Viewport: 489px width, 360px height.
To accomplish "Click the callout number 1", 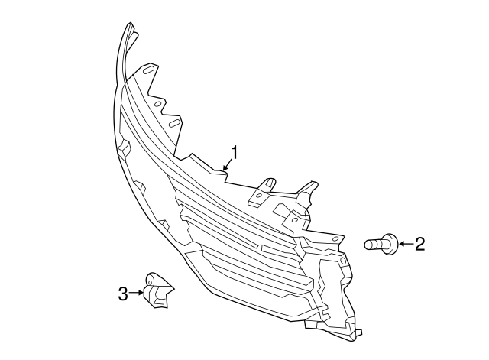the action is coord(235,153).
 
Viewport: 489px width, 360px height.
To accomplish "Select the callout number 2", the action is coord(419,244).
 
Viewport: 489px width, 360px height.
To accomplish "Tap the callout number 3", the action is coord(123,294).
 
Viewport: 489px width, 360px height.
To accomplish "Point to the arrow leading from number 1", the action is coord(228,164).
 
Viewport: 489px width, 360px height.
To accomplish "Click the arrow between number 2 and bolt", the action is coord(406,244).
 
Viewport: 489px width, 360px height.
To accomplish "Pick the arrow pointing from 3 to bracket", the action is coord(136,292).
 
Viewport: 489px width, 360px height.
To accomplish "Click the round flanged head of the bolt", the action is coord(391,244).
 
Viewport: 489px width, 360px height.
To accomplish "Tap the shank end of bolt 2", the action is coord(368,245).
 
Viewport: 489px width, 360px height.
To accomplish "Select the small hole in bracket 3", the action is coord(150,283).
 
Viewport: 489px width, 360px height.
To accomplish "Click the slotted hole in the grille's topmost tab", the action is coord(148,70).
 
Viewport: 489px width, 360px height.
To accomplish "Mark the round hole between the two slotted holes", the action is coord(158,104).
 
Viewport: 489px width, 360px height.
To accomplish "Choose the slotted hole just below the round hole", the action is coord(174,122).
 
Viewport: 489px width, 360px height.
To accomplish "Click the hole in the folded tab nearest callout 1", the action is coord(258,196).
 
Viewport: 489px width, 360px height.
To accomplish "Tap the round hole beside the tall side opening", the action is coord(342,261).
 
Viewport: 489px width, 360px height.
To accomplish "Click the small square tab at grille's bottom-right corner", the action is coord(359,332).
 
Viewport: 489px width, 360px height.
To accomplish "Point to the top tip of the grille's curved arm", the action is coord(129,24).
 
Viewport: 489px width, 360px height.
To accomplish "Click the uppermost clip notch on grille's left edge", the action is coord(124,147).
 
